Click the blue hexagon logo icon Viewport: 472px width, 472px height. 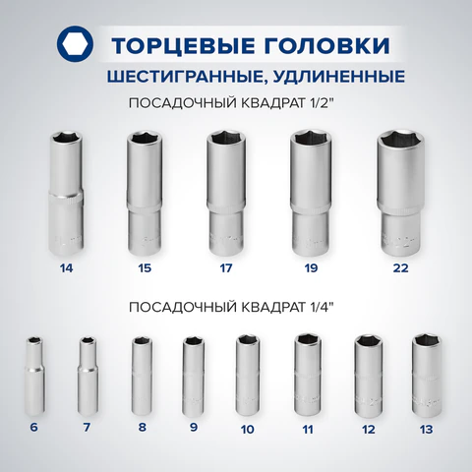(x=75, y=44)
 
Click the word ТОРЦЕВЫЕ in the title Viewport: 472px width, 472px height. (x=183, y=45)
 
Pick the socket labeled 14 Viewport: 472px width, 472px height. (x=66, y=194)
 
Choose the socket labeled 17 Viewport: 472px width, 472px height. (x=225, y=194)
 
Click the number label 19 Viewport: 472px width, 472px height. (x=311, y=268)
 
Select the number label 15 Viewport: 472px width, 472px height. (x=145, y=268)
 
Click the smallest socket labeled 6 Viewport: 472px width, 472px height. (x=34, y=376)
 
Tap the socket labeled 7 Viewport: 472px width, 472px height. (x=88, y=376)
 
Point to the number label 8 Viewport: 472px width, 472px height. (x=142, y=428)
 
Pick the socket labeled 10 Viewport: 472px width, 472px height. (x=248, y=376)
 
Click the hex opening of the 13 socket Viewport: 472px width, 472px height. (x=426, y=341)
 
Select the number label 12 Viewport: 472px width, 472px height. (x=369, y=430)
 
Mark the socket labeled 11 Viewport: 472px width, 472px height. (x=308, y=375)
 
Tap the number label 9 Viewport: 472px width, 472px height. (x=194, y=428)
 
